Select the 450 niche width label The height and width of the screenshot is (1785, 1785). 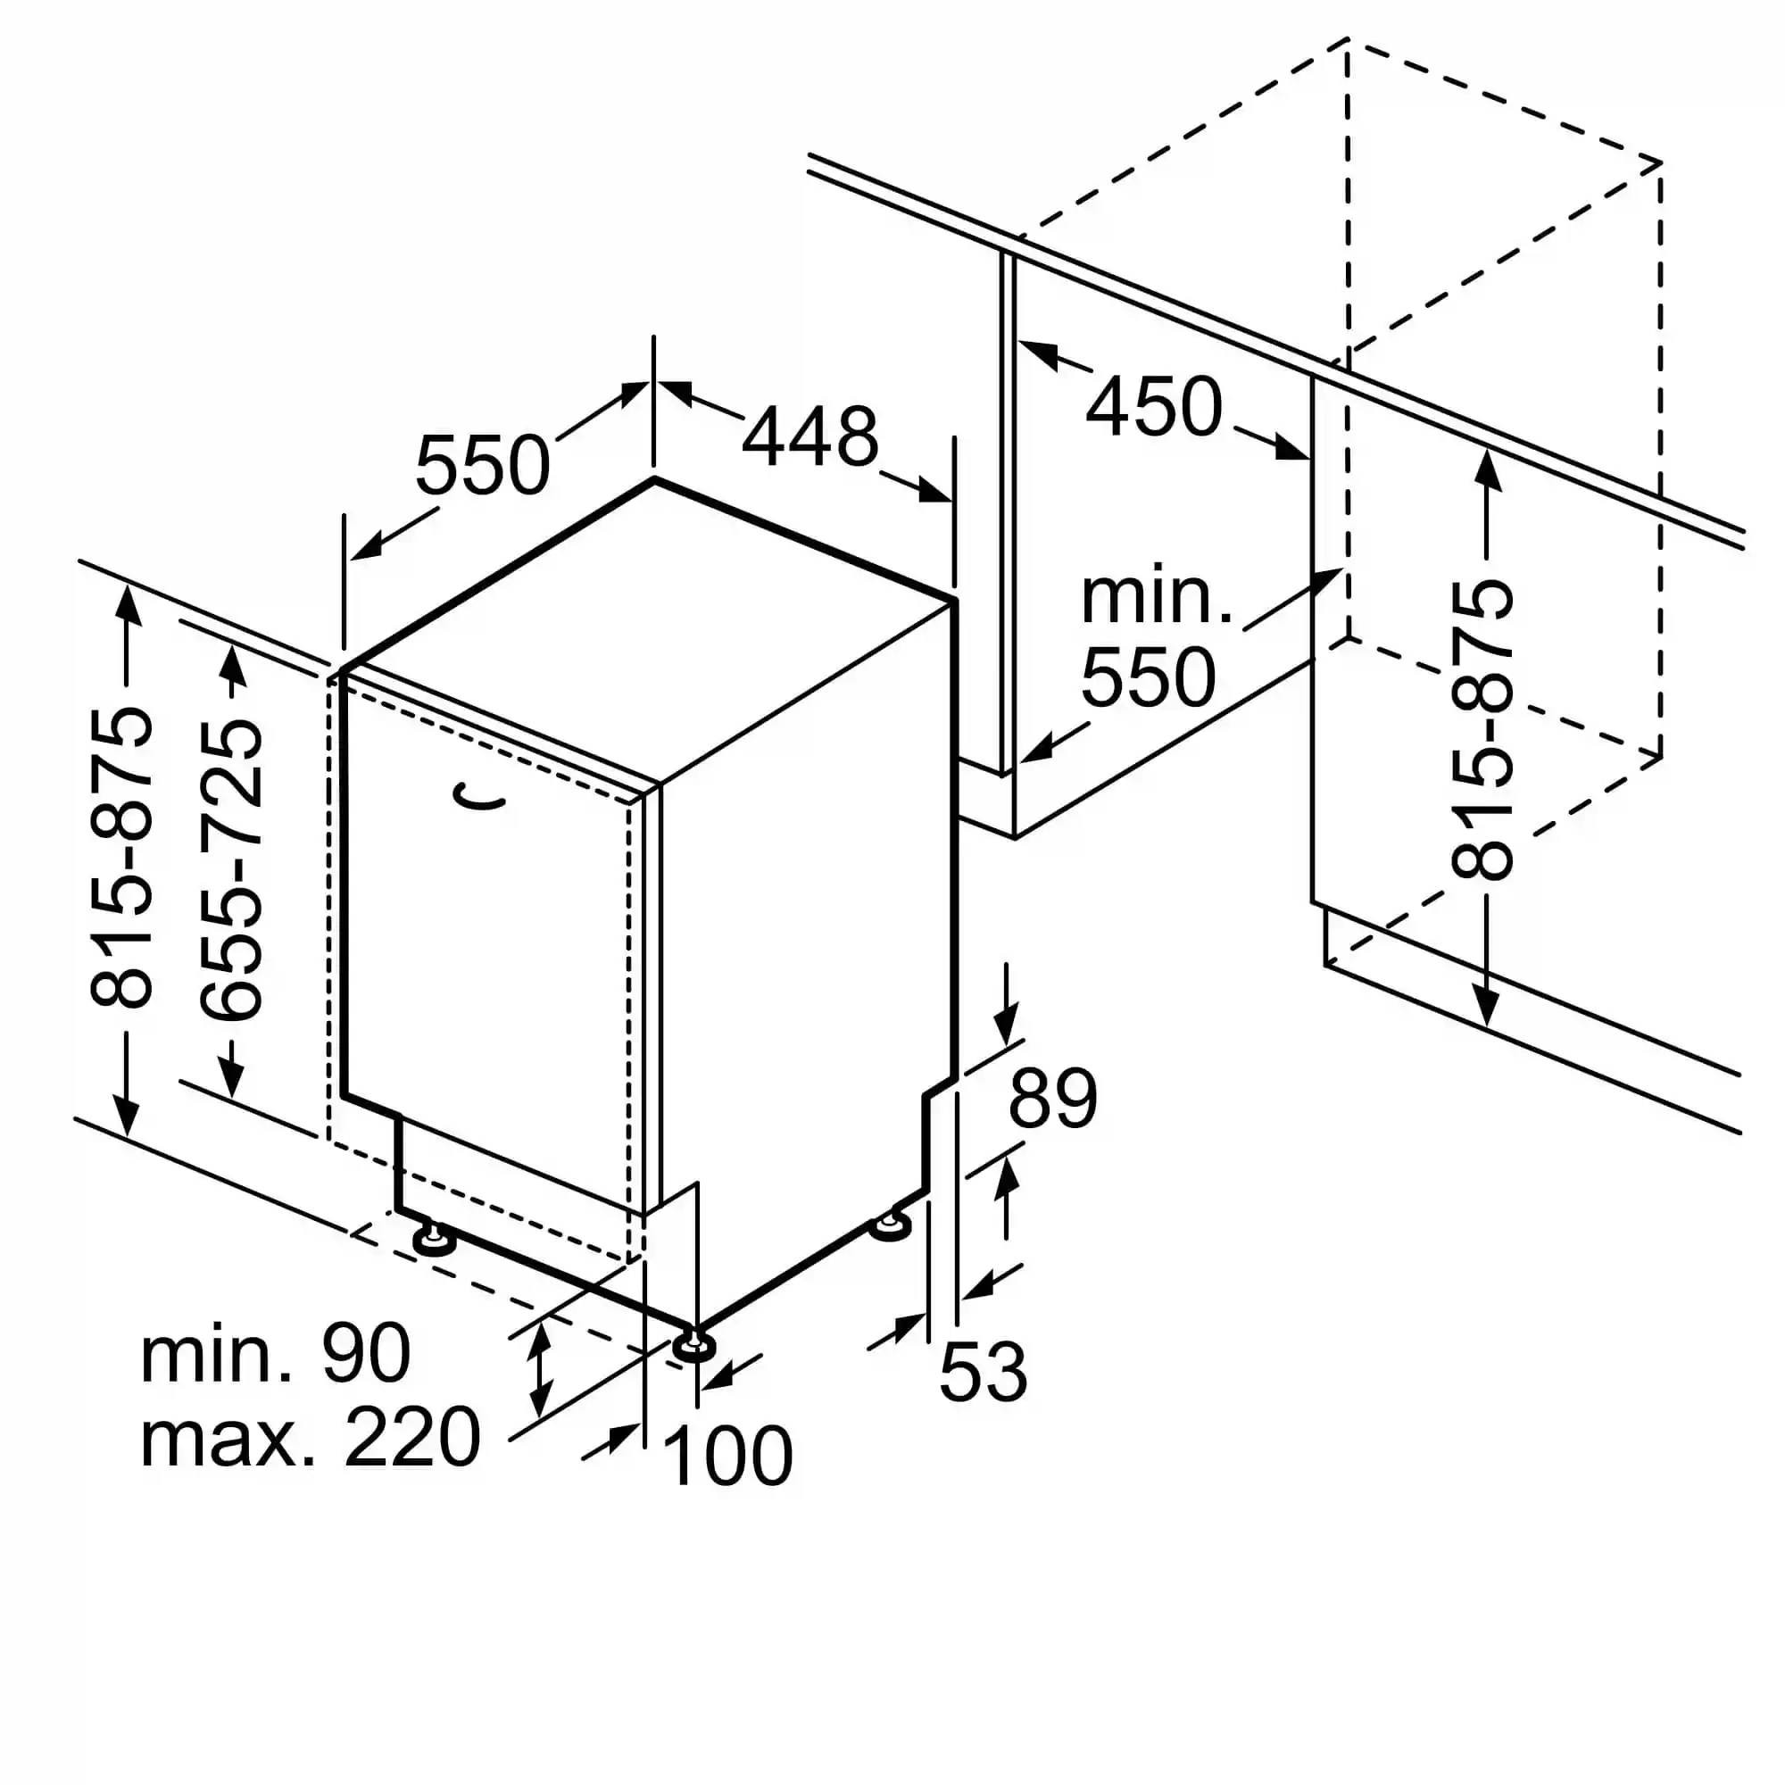tap(1154, 406)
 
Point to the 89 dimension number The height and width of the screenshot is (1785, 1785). tap(1053, 1099)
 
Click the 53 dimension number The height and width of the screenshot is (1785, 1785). tap(983, 1372)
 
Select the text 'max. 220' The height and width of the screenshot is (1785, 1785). tap(311, 1439)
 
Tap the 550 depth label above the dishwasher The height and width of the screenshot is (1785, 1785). tap(482, 465)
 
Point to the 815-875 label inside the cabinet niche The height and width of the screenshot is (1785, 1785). tap(1482, 729)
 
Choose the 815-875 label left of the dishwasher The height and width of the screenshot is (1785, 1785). tap(121, 857)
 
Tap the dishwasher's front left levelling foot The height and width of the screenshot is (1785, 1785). tap(434, 1241)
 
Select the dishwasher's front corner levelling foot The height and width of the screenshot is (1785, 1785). tap(693, 1347)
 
